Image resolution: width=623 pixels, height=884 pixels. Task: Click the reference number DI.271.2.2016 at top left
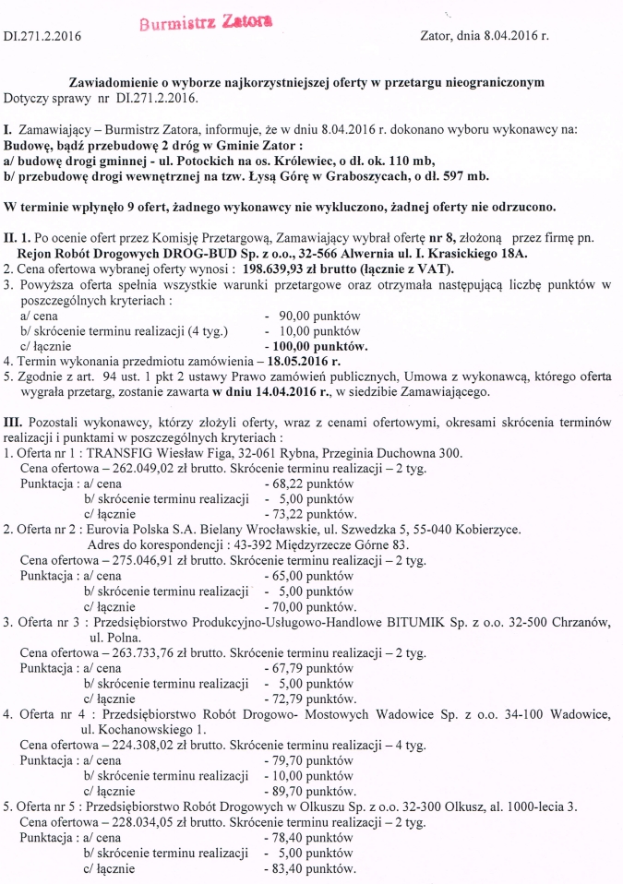[x=43, y=37]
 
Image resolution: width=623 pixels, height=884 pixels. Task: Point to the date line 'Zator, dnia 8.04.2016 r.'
[x=484, y=37]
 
